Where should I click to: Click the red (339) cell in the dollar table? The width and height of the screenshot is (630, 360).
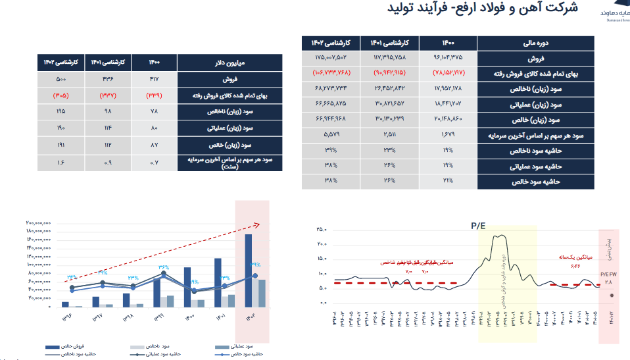coord(154,95)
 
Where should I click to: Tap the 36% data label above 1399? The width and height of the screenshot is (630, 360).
coord(163,268)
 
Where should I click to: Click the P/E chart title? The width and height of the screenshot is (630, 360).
coord(478,225)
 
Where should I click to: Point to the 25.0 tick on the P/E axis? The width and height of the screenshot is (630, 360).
coord(322,230)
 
